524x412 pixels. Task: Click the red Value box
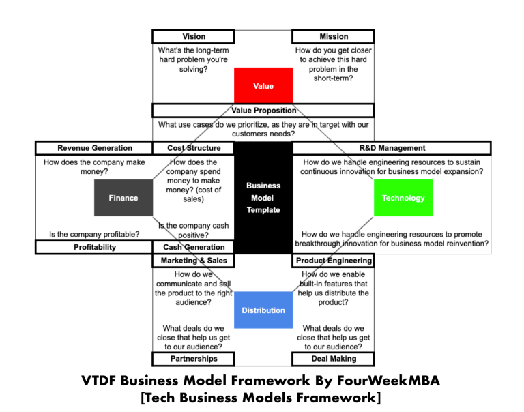click(263, 85)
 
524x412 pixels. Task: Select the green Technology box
click(403, 198)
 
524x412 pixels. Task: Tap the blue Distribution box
click(263, 310)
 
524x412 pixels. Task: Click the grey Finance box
click(123, 198)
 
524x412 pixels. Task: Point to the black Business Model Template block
click(263, 198)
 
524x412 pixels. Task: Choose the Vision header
click(193, 36)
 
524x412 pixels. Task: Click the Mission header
click(333, 36)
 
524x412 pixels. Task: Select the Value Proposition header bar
click(263, 110)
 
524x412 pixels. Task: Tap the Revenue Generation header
click(94, 148)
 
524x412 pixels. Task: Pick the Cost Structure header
click(194, 148)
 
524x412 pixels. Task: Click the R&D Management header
click(391, 148)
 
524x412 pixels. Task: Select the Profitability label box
click(94, 247)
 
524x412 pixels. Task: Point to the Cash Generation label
click(194, 247)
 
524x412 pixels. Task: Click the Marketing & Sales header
click(193, 261)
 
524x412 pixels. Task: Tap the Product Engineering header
click(334, 261)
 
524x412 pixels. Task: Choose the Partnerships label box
click(193, 359)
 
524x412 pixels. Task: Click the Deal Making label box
click(333, 359)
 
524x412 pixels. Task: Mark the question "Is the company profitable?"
click(94, 234)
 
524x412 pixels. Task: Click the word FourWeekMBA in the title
click(391, 380)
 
